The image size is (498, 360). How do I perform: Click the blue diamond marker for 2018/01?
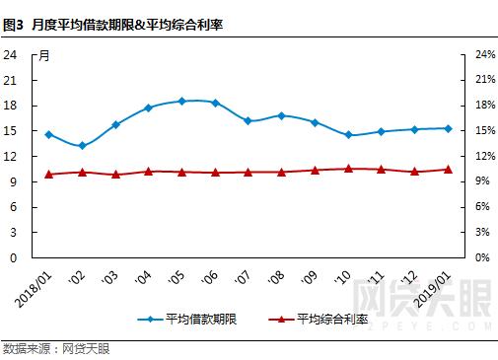point(48,134)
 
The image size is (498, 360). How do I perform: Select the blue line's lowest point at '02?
point(82,146)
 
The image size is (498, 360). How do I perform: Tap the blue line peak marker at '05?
point(181,101)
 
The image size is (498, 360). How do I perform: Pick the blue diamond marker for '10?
point(348,135)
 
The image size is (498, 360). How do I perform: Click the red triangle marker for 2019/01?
point(448,170)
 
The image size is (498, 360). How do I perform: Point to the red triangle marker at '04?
point(148,171)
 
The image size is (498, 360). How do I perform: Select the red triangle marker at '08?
point(281,172)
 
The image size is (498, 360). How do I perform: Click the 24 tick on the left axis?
point(11,54)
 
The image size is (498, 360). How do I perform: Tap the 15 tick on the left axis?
point(11,130)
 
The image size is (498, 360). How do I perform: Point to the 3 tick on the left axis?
point(14,232)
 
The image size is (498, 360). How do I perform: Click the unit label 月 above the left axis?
point(43,54)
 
